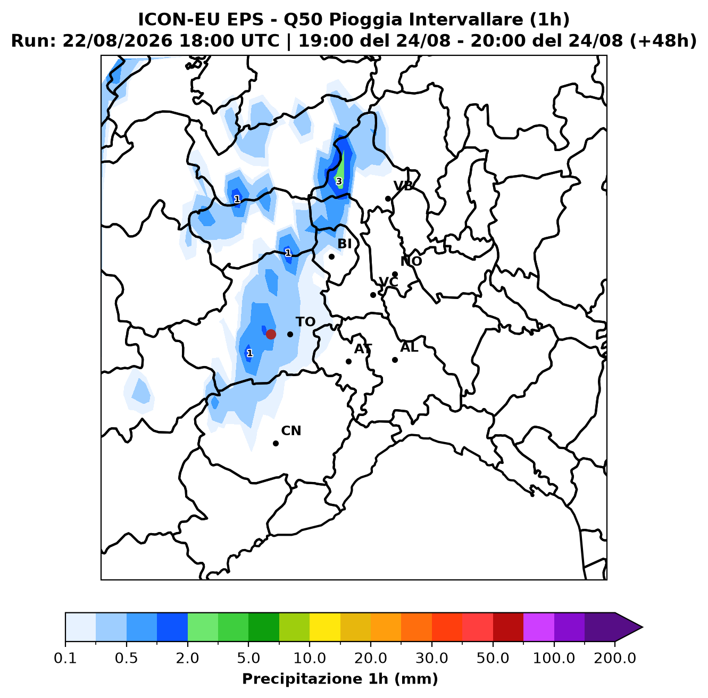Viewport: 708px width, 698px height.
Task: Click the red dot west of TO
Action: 271,334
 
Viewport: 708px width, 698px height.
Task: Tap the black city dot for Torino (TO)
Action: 290,334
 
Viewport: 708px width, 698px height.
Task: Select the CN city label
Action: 291,430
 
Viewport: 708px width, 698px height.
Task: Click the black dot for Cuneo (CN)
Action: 276,443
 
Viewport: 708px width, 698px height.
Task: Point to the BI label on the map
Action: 345,244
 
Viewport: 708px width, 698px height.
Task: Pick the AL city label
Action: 409,347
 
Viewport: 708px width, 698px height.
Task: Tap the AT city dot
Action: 348,361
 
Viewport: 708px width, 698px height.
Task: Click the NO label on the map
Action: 411,261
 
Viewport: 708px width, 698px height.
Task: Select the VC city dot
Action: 373,295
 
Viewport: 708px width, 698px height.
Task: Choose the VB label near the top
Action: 403,186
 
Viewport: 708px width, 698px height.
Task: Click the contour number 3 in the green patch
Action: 339,181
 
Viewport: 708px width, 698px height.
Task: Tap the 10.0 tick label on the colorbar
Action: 310,658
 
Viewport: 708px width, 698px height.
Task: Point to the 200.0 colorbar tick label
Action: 615,658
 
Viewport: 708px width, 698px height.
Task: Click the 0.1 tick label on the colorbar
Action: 65,658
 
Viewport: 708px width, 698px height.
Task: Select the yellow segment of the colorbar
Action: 325,627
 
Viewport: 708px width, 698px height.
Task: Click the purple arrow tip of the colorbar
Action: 642,627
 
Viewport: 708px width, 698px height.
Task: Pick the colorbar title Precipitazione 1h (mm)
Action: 340,678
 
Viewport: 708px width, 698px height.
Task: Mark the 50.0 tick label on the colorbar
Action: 493,658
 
